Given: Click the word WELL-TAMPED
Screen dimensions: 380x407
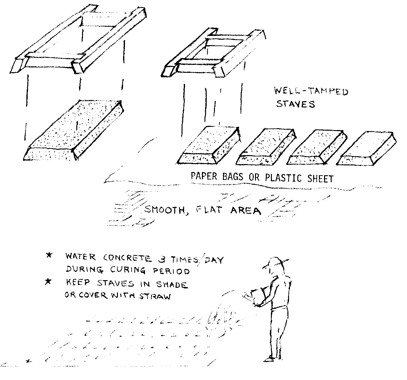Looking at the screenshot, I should click(311, 91).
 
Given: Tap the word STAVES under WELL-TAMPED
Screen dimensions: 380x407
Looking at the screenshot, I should click(295, 104).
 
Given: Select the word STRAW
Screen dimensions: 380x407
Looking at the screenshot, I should click(155, 296).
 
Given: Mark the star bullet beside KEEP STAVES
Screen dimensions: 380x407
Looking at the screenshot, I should click(48, 281).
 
